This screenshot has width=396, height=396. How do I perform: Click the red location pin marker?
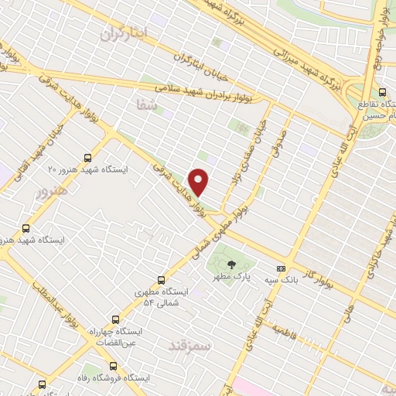pyautogui.click(x=200, y=182)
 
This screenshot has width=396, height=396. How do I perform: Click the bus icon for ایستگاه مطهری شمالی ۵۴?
pyautogui.click(x=161, y=280)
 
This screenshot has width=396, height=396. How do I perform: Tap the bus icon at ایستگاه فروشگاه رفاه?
pyautogui.click(x=114, y=365)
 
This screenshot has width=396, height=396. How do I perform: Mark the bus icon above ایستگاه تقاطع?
pyautogui.click(x=382, y=93)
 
